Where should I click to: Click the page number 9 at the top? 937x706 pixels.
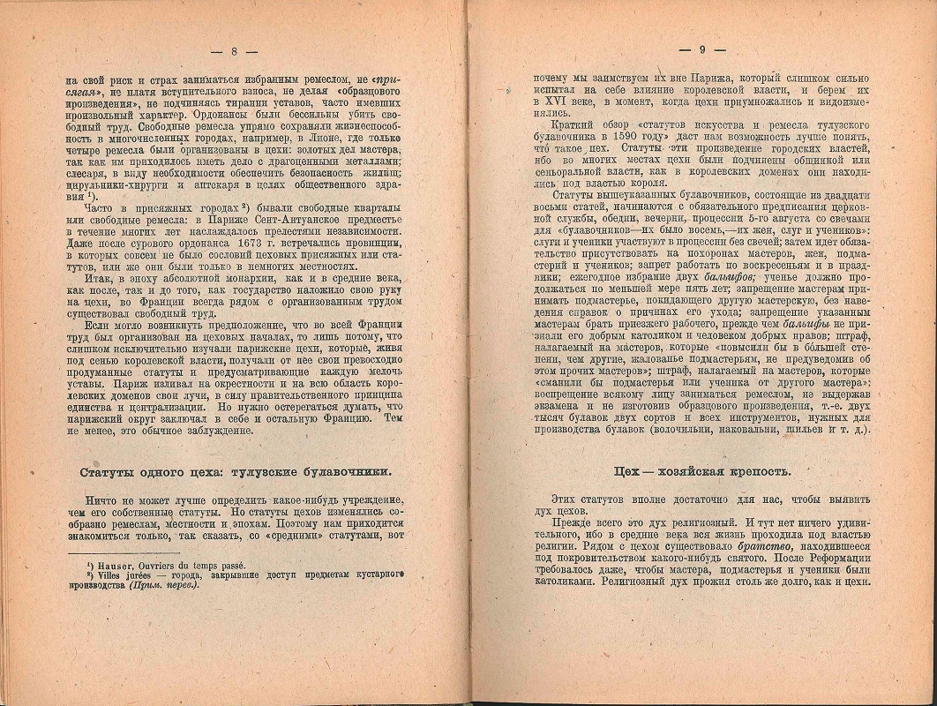tap(701, 50)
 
